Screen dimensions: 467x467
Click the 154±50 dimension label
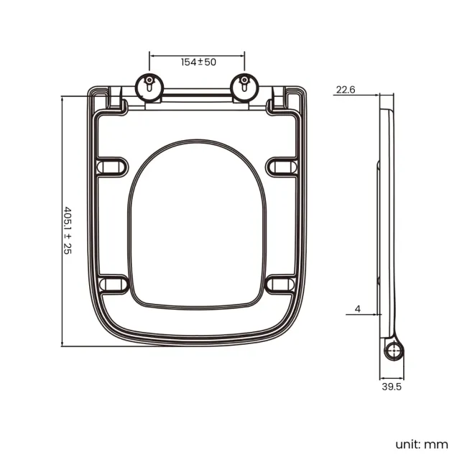tap(198, 63)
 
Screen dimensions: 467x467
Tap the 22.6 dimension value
tap(346, 90)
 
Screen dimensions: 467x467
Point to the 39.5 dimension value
tap(392, 387)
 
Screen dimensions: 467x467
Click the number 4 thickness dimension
tap(357, 309)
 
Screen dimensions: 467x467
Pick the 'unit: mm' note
tap(421, 444)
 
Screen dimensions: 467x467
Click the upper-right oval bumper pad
tap(282, 167)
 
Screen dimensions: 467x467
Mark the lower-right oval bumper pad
tap(282, 285)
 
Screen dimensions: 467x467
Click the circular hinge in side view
tap(394, 350)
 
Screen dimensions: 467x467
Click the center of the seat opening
tap(197, 230)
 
